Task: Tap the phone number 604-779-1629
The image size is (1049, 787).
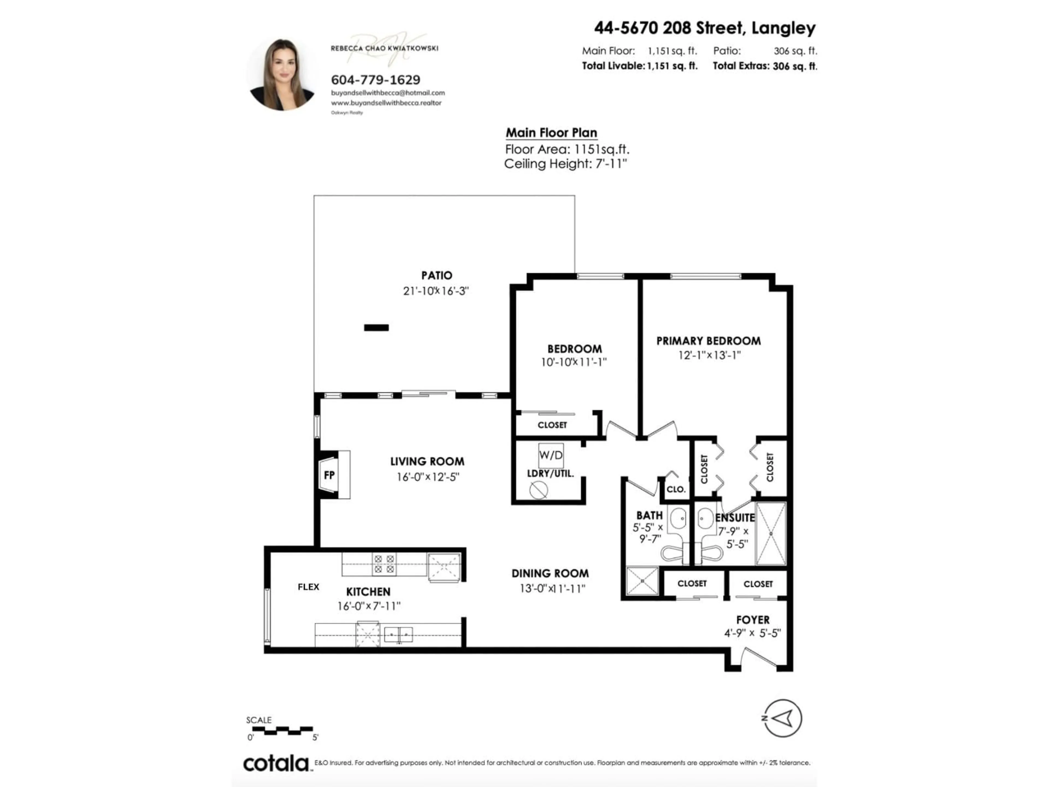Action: [x=375, y=80]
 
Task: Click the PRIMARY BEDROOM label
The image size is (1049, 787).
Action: [x=708, y=340]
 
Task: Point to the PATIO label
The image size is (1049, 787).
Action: [x=436, y=275]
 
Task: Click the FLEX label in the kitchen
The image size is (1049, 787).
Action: [x=308, y=587]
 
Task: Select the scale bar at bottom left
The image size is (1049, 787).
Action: [x=282, y=730]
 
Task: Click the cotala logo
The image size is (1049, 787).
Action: [x=276, y=763]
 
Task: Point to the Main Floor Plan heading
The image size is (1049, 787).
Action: [x=551, y=133]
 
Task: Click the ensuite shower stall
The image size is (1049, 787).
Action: [x=771, y=534]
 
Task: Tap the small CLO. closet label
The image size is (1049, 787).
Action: [x=676, y=489]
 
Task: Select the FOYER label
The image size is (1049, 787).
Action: [x=753, y=619]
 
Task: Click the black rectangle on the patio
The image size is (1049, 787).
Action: [x=376, y=327]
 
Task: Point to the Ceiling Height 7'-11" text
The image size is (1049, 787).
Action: [x=565, y=164]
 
